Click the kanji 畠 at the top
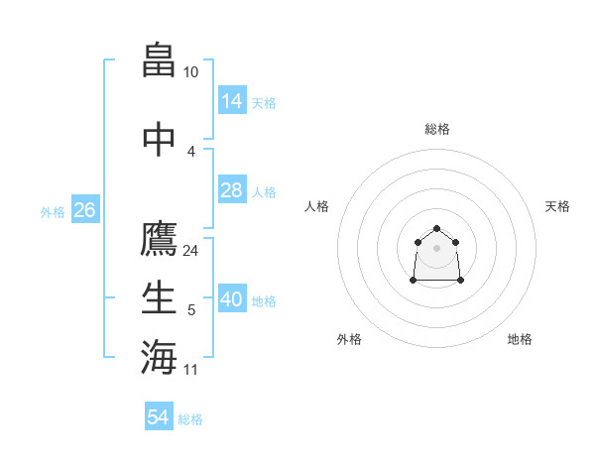(160, 60)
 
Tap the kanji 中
(160, 138)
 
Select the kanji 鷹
(160, 240)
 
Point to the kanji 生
(160, 297)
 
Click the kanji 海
(160, 357)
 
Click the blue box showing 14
(232, 100)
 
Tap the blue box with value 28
(232, 189)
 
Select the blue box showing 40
(232, 299)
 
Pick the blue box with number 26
(84, 209)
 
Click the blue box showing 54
(159, 417)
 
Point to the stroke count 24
(190, 250)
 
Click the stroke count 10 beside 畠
(190, 72)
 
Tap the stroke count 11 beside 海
(190, 370)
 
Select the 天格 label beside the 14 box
(264, 102)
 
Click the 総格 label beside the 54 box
(190, 419)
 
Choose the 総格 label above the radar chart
(436, 129)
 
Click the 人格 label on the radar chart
(317, 206)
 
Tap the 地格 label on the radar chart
(520, 339)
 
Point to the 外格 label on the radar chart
(349, 339)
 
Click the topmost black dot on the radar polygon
(436, 229)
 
